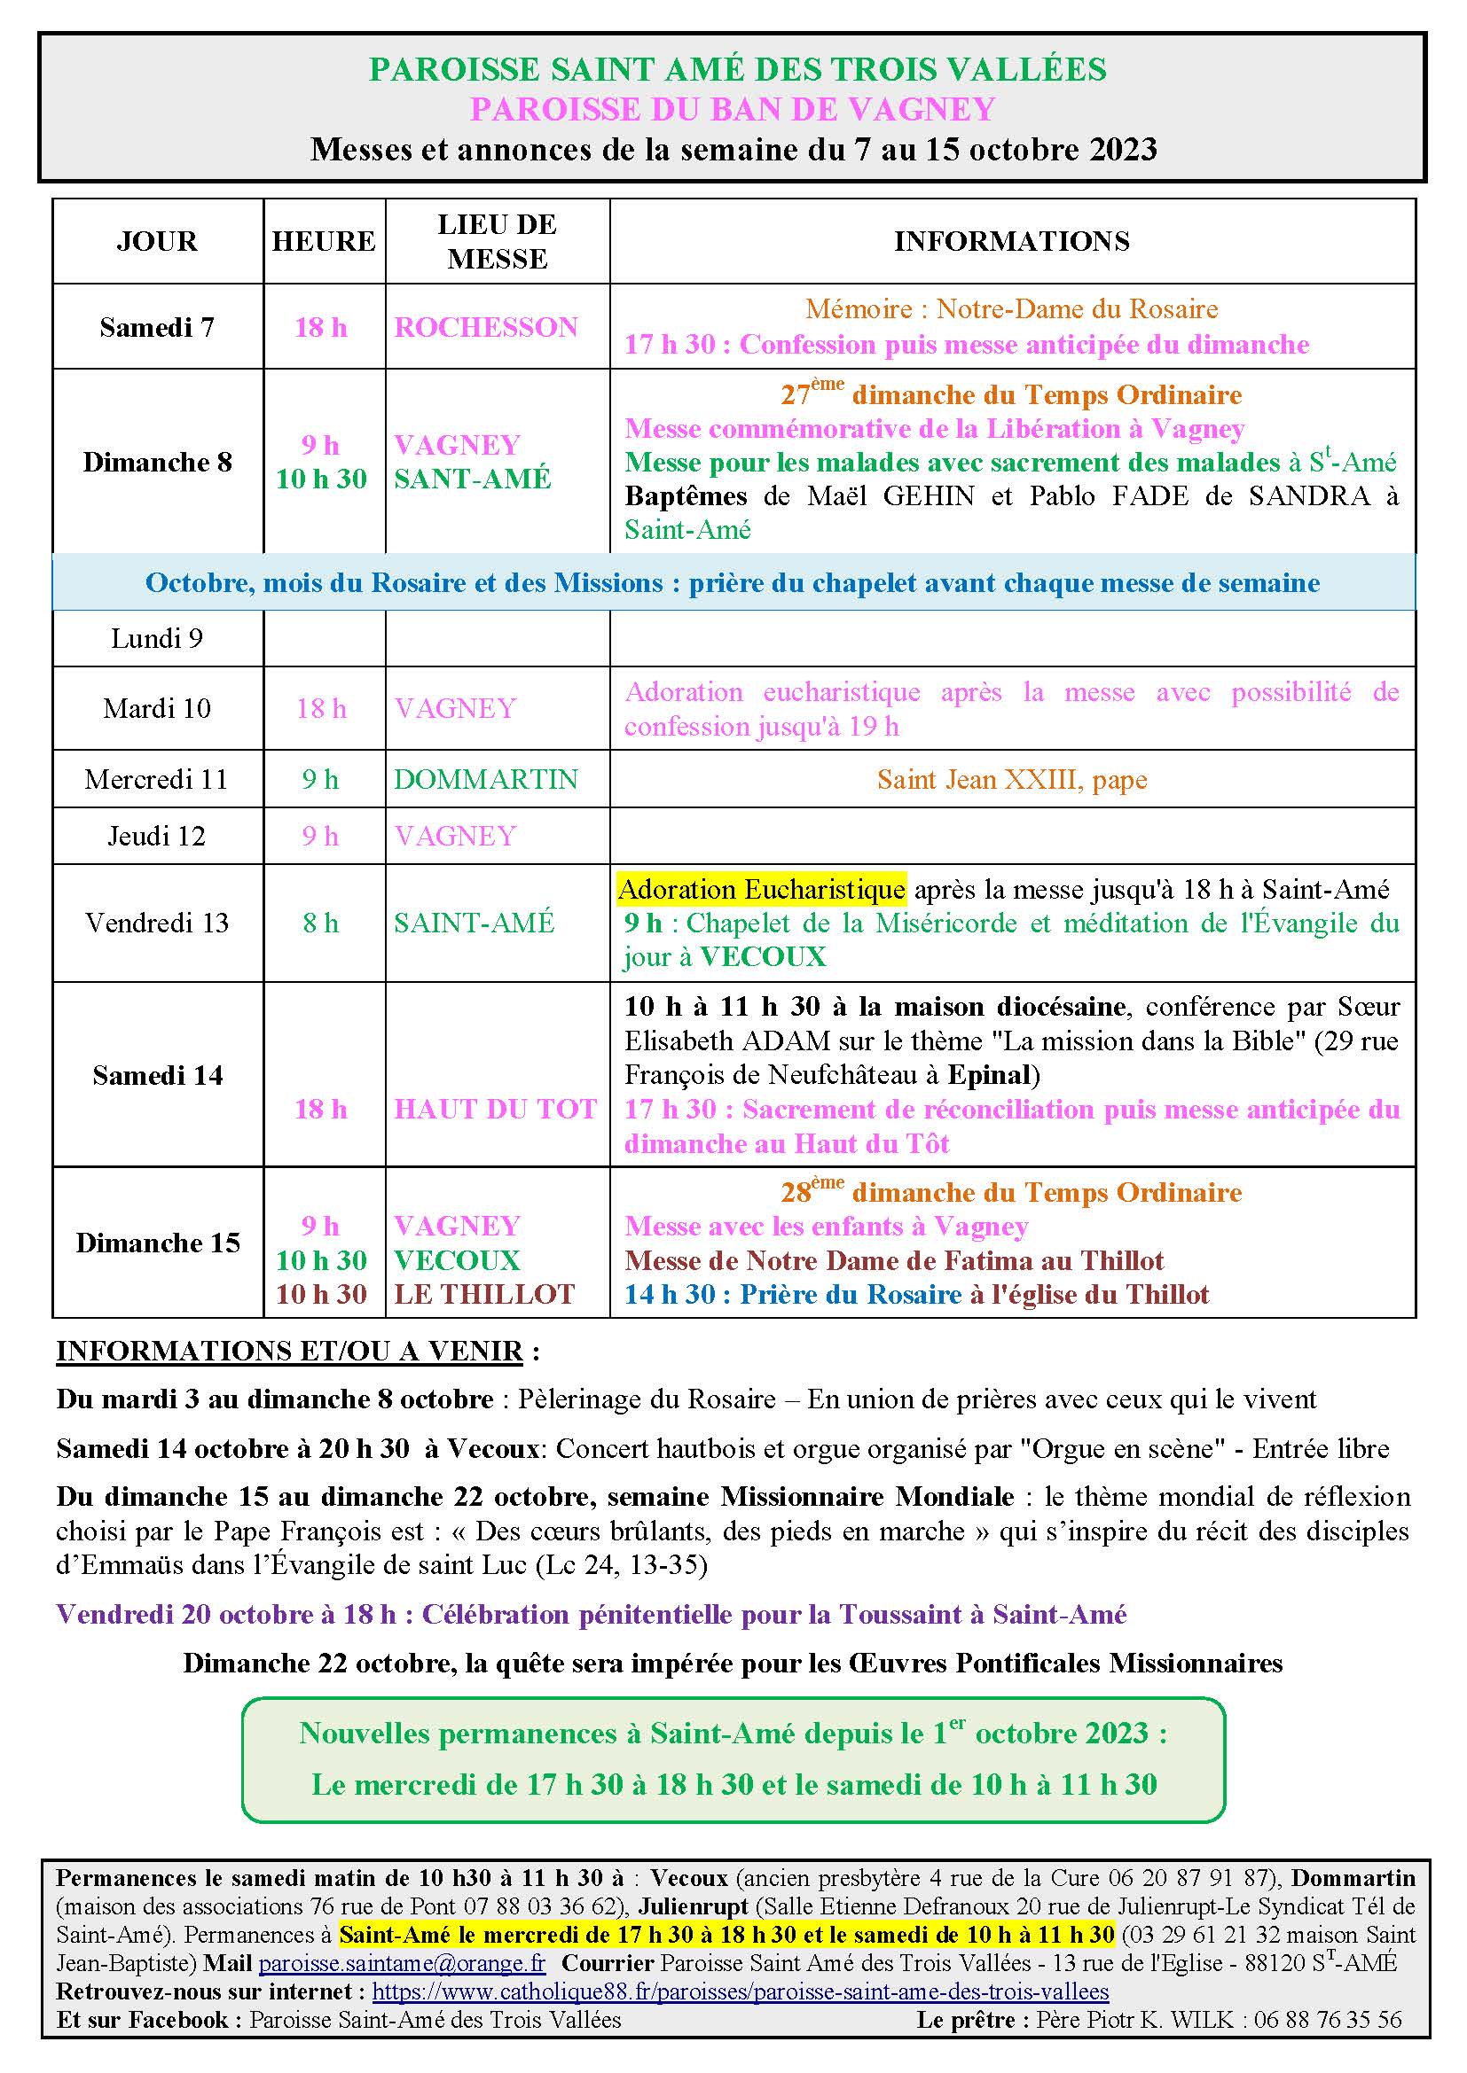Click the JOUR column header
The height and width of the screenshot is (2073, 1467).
click(156, 241)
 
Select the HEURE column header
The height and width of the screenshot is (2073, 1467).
click(324, 241)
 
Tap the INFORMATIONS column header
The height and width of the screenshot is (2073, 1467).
click(1012, 241)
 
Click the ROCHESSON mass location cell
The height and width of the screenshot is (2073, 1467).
click(486, 327)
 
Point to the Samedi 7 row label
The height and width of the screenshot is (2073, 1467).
click(157, 327)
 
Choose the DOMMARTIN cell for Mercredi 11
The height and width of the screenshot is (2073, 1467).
click(486, 779)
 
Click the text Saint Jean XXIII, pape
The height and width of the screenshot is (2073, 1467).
click(1012, 779)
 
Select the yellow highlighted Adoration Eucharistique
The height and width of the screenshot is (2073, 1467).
click(762, 890)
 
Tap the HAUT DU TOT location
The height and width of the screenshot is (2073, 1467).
click(495, 1109)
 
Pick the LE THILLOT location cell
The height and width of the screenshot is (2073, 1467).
click(484, 1294)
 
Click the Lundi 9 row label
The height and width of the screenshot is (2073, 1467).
click(157, 639)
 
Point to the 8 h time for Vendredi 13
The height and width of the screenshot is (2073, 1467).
click(321, 923)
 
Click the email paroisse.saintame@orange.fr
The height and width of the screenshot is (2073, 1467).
click(402, 1963)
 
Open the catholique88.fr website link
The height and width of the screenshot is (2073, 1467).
click(740, 1991)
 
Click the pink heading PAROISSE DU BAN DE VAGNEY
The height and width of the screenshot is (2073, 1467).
click(733, 109)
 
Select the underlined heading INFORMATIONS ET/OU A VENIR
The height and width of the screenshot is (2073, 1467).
click(289, 1351)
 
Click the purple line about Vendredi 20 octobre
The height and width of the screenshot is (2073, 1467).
click(591, 1614)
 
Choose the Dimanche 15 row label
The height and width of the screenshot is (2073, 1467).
click(158, 1243)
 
